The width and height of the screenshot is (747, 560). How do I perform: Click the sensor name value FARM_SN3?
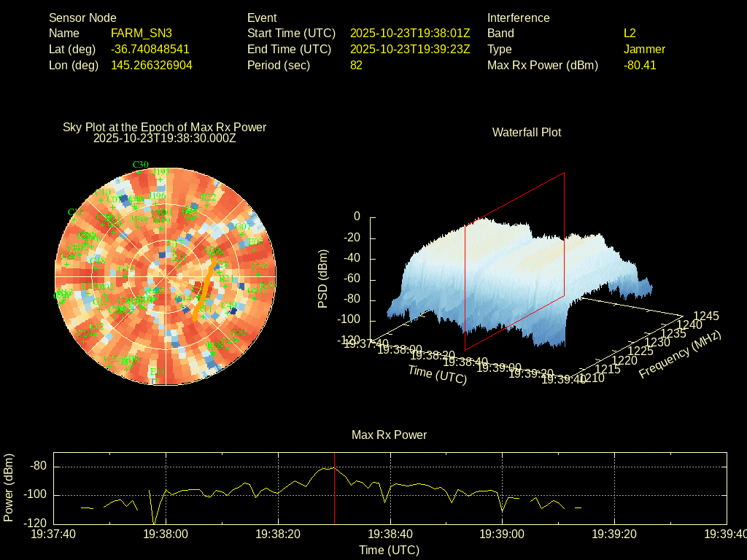(x=142, y=33)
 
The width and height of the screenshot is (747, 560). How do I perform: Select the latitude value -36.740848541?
(x=150, y=49)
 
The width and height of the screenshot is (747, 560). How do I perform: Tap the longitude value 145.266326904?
(x=151, y=65)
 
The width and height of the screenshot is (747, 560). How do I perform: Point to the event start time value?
(x=410, y=33)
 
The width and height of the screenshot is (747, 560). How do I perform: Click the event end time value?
(x=410, y=49)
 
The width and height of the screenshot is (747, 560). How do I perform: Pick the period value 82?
(x=356, y=65)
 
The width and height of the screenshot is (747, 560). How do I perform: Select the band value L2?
(x=630, y=33)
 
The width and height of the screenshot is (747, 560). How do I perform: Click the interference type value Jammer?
(x=644, y=49)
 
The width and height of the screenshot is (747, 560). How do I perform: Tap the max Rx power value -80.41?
(x=640, y=65)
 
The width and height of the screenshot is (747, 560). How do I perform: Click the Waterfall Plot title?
(x=527, y=132)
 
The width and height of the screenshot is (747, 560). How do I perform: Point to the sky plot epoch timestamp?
(x=165, y=138)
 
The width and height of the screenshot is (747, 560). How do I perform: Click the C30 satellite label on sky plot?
(x=140, y=164)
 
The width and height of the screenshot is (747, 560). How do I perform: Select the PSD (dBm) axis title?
(x=323, y=279)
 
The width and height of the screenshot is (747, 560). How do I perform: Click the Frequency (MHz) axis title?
(x=680, y=354)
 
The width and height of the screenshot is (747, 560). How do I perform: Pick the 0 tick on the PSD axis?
(x=357, y=217)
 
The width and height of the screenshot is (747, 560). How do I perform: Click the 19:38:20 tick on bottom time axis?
(x=279, y=534)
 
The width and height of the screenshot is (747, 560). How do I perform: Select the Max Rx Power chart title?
(x=389, y=435)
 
